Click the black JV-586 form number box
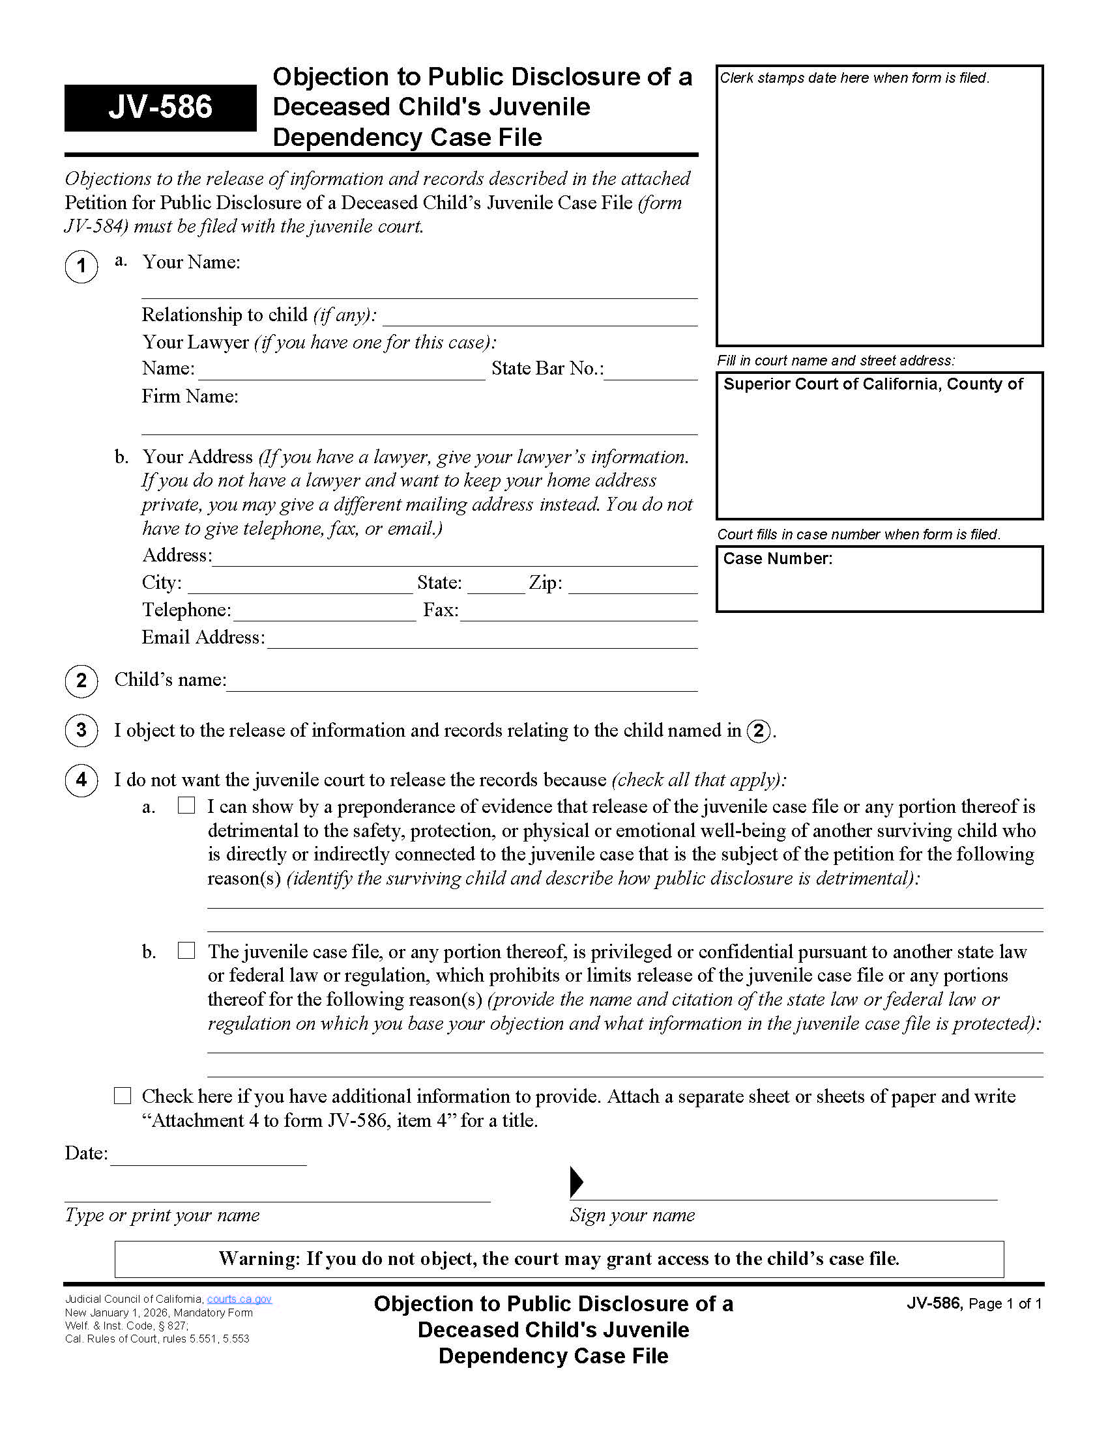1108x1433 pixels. click(160, 107)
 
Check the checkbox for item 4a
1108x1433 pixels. click(186, 805)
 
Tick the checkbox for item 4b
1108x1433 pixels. click(186, 950)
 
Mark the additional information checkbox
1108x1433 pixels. click(122, 1095)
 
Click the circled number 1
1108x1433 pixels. click(81, 266)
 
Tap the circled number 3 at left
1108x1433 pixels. click(81, 730)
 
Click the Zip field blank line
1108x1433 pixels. click(632, 587)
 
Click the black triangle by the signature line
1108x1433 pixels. click(576, 1182)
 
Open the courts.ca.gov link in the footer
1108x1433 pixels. click(239, 1299)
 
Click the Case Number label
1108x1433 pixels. click(777, 558)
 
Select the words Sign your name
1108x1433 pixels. click(632, 1215)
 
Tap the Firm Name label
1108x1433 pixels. click(190, 396)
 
